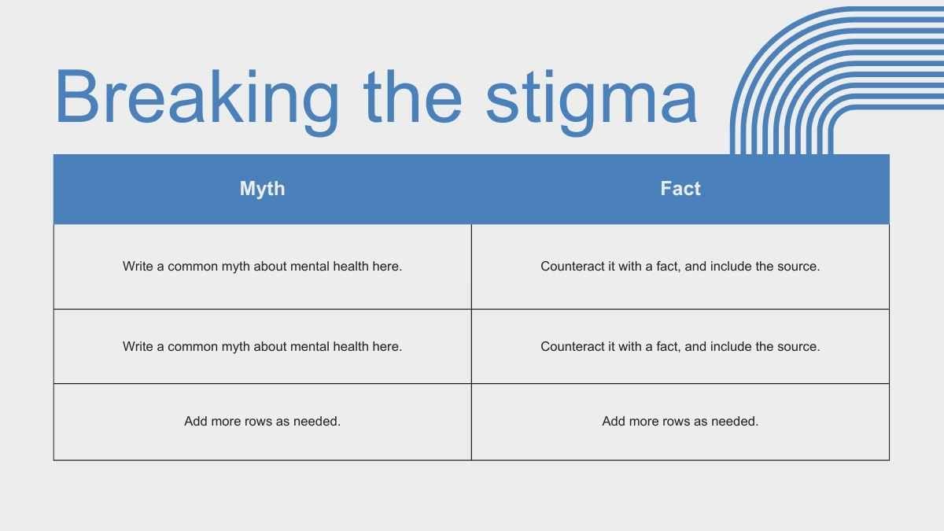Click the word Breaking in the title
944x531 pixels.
point(197,101)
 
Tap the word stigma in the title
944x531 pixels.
point(592,101)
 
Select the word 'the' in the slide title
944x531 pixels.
point(412,96)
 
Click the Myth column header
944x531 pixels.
point(262,188)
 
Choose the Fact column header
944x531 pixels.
point(680,188)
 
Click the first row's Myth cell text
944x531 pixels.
point(262,267)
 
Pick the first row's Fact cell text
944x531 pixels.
point(680,267)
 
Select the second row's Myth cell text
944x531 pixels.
point(262,346)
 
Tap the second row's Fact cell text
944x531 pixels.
point(680,346)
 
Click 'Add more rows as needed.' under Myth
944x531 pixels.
point(262,421)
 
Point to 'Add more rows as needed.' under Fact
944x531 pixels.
point(680,421)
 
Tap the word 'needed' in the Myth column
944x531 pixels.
point(316,421)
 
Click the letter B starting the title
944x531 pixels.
point(77,96)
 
